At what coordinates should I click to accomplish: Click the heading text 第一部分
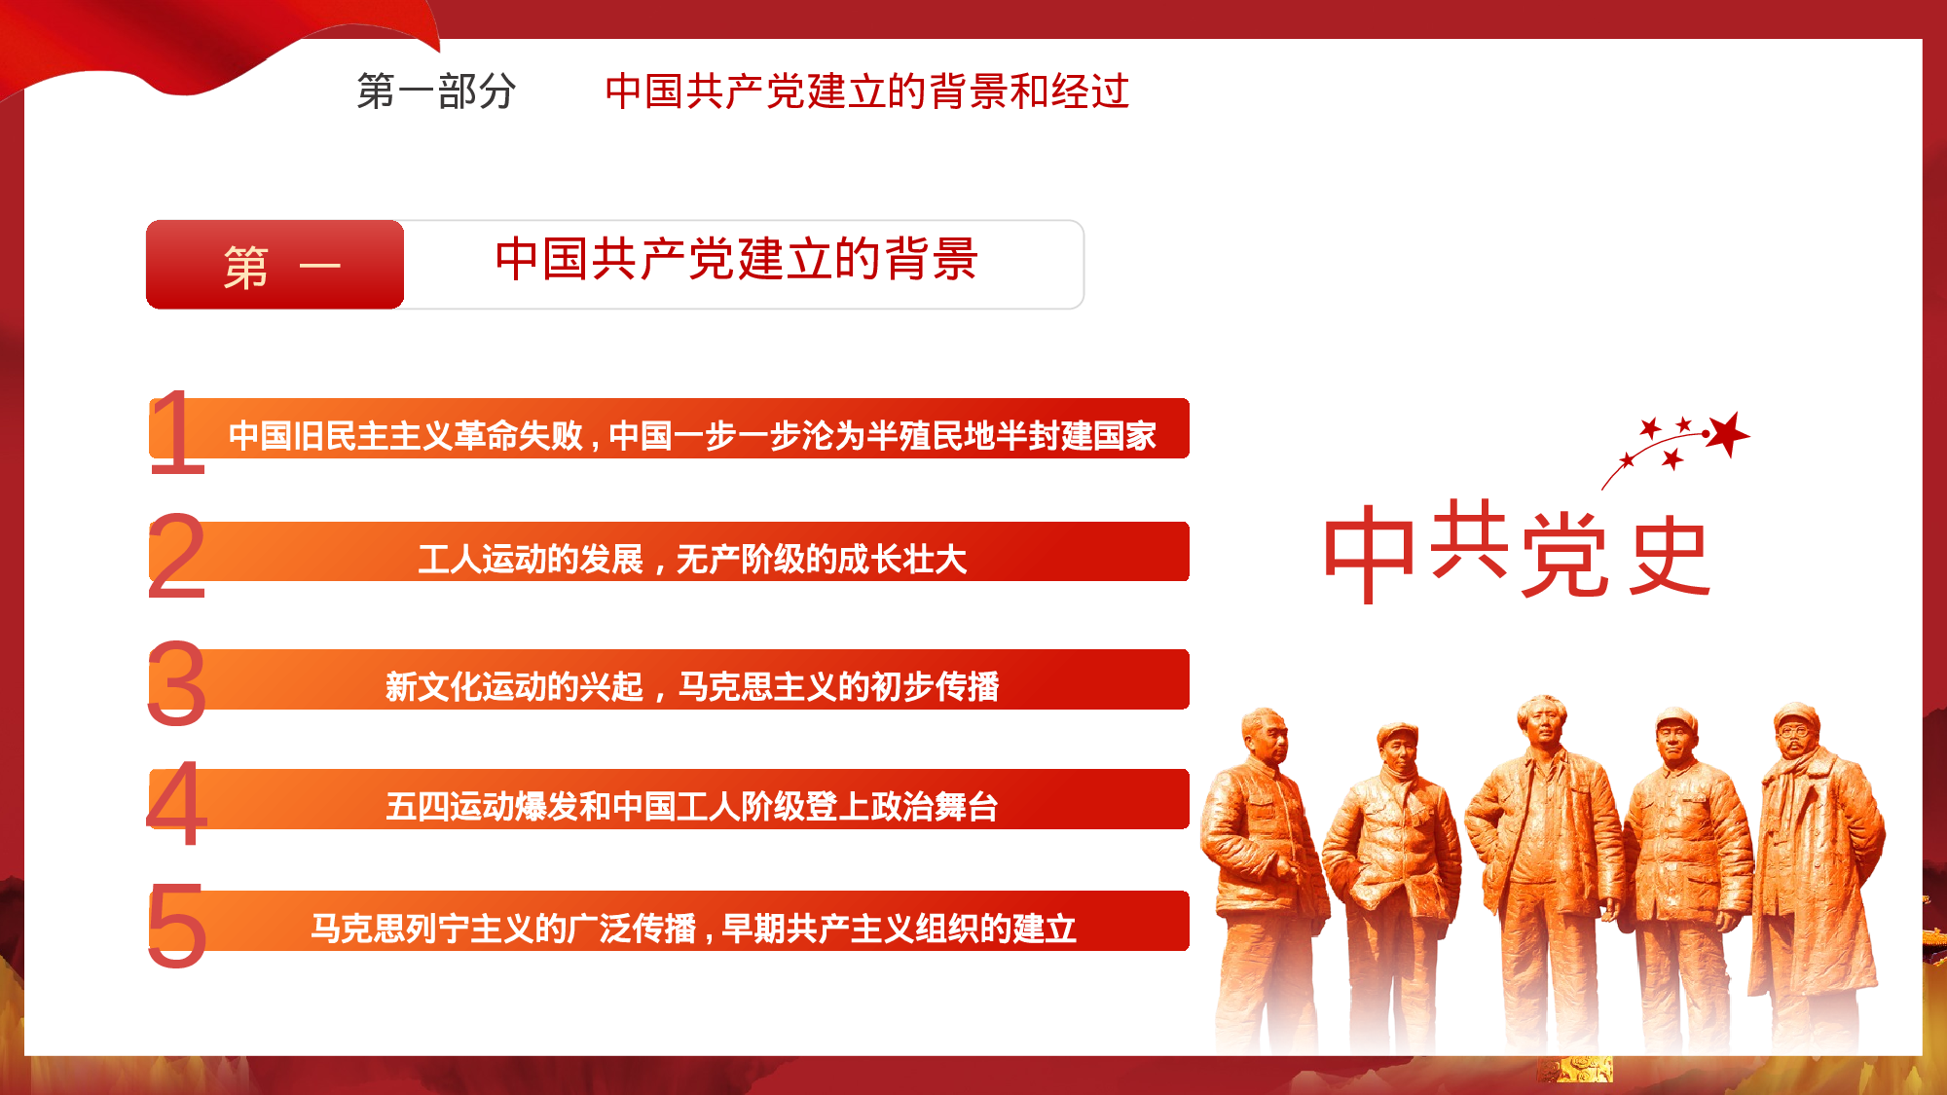click(436, 91)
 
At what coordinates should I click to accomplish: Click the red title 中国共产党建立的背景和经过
click(866, 91)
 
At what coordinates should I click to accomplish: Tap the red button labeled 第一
click(276, 265)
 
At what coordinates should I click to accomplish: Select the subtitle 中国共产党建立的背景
click(736, 260)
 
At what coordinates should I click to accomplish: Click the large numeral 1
click(177, 431)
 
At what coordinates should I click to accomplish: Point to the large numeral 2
click(177, 556)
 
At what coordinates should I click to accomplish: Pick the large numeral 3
click(177, 684)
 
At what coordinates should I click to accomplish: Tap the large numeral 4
click(177, 804)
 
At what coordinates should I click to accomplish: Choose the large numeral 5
click(177, 927)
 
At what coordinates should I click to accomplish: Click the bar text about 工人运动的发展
click(692, 560)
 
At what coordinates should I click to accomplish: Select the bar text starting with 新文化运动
click(692, 686)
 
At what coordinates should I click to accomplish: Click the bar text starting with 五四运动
click(692, 806)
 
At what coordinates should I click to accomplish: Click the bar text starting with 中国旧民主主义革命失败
click(692, 435)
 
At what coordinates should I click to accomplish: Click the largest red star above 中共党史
click(1729, 433)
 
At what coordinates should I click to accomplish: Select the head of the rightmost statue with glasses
click(1795, 730)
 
